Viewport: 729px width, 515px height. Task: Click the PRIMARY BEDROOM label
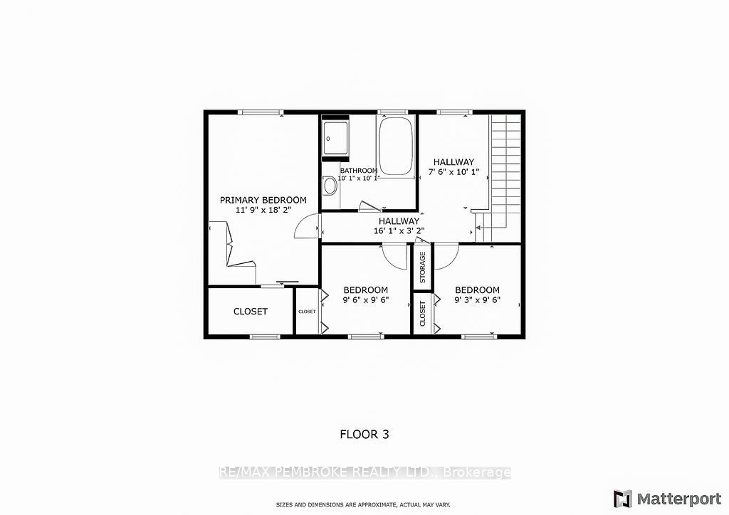(x=263, y=200)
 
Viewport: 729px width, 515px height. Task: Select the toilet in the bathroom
(x=330, y=186)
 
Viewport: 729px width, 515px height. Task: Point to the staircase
(x=505, y=171)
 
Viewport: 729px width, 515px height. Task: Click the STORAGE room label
(x=423, y=267)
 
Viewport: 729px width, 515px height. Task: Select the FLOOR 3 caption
(x=364, y=433)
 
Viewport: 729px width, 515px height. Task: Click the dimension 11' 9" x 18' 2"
(x=263, y=211)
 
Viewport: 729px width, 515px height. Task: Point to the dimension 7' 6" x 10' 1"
(x=453, y=173)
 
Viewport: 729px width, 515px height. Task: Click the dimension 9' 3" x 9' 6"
(x=477, y=300)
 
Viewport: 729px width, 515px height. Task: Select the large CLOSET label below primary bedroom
(x=251, y=312)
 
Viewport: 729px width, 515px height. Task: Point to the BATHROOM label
(x=358, y=171)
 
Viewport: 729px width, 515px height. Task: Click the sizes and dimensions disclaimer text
(x=364, y=505)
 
